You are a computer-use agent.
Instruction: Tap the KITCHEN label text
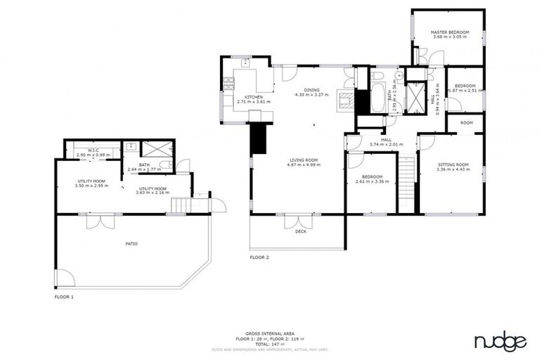[x=253, y=96]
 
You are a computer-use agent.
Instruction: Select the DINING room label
[x=312, y=89]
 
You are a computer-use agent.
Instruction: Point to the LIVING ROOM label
[x=304, y=160]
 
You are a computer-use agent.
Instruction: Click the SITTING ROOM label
[x=452, y=165]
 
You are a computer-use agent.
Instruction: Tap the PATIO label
[x=131, y=244]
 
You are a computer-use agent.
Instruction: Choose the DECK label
[x=300, y=231]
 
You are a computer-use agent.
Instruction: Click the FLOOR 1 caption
[x=64, y=297]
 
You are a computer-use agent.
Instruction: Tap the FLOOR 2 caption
[x=259, y=257]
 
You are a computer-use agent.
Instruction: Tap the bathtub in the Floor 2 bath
[x=377, y=98]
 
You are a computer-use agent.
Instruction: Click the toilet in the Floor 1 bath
[x=163, y=165]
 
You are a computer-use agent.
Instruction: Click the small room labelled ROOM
[x=466, y=123]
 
